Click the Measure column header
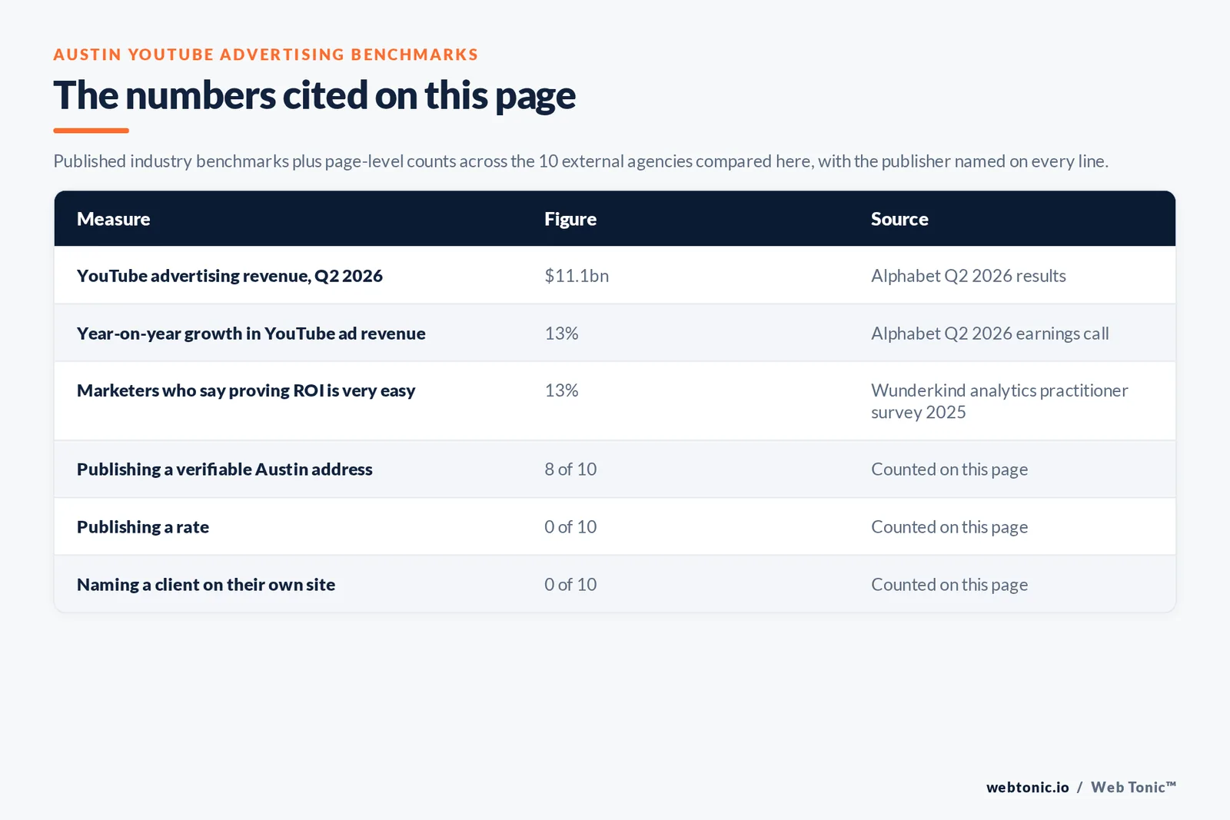coord(113,219)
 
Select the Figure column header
coord(570,219)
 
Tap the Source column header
coord(899,219)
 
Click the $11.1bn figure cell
coord(577,276)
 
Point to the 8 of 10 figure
coord(570,470)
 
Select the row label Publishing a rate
coord(143,527)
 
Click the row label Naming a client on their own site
coord(206,585)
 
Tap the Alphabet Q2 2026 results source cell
coord(968,276)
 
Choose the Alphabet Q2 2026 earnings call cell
coord(989,334)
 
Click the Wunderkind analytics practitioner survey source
coord(999,401)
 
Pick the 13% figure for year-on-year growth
coord(561,334)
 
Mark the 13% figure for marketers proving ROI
coord(561,391)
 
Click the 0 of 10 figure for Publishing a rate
coord(570,527)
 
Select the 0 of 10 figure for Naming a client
coord(570,585)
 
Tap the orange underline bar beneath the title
coord(91,131)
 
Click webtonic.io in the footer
coord(1027,788)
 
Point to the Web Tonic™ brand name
coord(1133,788)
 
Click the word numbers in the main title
coord(201,95)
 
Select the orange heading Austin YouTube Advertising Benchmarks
coord(266,55)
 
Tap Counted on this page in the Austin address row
coord(949,470)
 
